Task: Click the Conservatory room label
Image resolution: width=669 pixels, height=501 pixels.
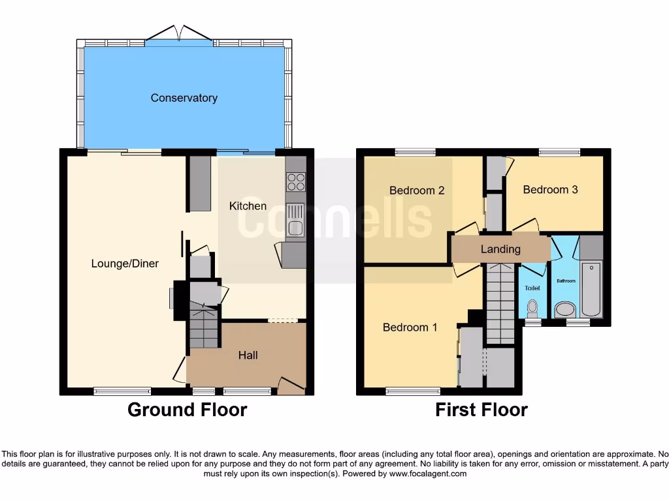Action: [x=184, y=98]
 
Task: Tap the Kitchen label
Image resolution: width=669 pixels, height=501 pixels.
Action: [x=248, y=206]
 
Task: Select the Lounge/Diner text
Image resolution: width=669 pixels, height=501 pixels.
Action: [x=125, y=264]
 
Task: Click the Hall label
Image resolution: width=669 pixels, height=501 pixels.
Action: [x=248, y=355]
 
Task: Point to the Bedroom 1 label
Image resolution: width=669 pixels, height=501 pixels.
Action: [x=410, y=327]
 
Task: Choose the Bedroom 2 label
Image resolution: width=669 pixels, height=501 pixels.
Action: [x=417, y=190]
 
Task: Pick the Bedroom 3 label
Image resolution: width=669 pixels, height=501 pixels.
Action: [x=550, y=190]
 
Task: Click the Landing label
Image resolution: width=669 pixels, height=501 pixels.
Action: [x=500, y=249]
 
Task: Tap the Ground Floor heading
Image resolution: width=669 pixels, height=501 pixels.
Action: [x=187, y=410]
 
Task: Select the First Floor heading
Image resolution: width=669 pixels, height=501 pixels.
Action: [x=481, y=410]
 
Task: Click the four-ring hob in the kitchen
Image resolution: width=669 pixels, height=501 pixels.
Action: [x=295, y=181]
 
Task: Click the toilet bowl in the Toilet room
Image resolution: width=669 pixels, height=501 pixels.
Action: [x=532, y=307]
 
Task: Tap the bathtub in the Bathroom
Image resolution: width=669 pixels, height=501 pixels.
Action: [x=592, y=288]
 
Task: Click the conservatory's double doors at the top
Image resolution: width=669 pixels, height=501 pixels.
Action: [x=179, y=34]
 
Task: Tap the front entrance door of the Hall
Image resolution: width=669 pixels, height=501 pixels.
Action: [x=290, y=386]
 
